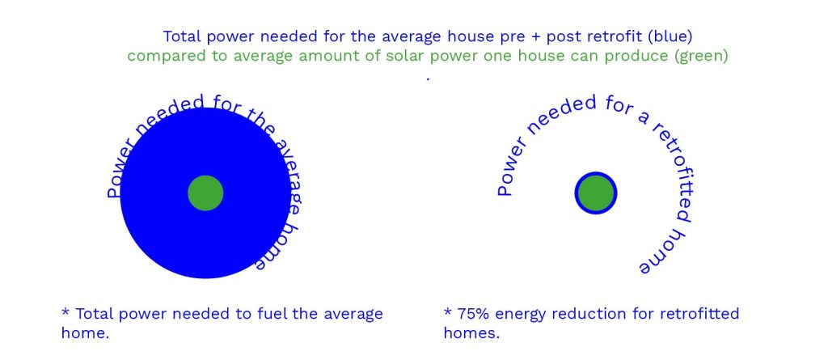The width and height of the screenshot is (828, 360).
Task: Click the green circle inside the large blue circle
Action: click(x=205, y=193)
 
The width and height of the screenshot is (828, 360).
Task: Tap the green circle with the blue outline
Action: click(x=596, y=193)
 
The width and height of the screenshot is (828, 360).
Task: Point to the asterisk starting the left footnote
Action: click(x=65, y=311)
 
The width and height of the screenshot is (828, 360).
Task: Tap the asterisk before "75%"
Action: click(x=448, y=311)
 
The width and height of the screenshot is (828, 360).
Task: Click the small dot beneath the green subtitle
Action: click(x=427, y=79)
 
